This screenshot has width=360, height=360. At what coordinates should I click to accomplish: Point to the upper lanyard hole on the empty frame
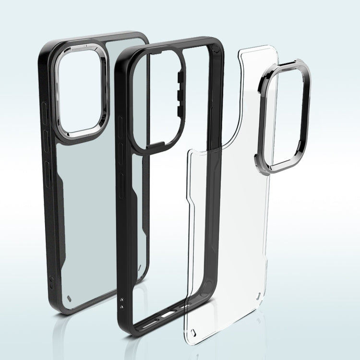pyautogui.click(x=122, y=298)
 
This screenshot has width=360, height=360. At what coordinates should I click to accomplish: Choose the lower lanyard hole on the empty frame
pyautogui.click(x=124, y=305)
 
